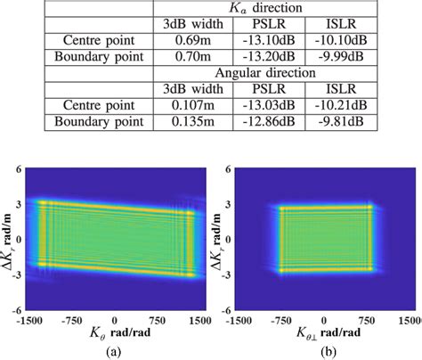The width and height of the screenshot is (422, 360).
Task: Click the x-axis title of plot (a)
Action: [115, 333]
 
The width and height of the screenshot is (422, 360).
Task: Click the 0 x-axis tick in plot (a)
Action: [114, 318]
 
